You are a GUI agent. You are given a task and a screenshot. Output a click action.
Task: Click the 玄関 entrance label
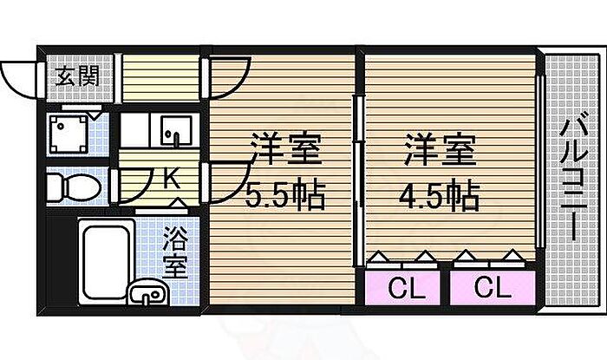pyautogui.click(x=77, y=75)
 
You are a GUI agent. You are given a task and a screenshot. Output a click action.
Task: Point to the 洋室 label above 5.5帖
pyautogui.click(x=286, y=149)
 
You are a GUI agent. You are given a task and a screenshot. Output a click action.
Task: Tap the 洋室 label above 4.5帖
pyautogui.click(x=441, y=149)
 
